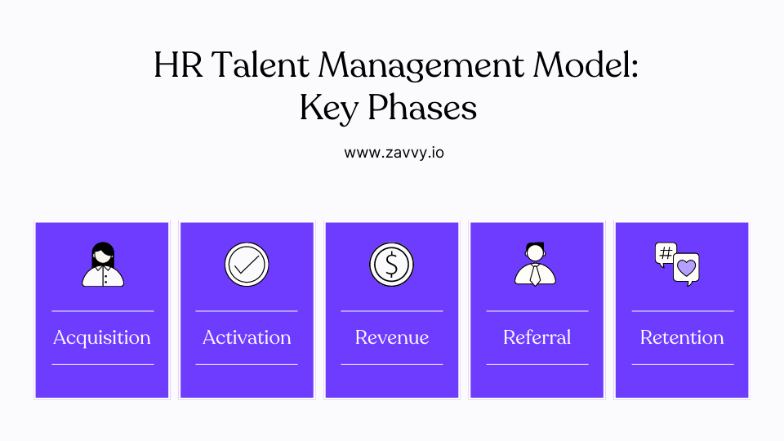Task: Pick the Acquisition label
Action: [102, 337]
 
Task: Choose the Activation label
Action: [247, 337]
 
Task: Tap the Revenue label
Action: [392, 337]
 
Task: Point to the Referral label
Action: [537, 337]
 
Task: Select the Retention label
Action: [682, 337]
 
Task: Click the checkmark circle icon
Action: [247, 264]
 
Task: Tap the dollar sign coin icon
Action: [392, 264]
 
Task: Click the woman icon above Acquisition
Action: [103, 265]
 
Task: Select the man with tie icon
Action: [536, 264]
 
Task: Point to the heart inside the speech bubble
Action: [687, 267]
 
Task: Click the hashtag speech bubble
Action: [666, 254]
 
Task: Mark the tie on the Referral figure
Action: [536, 275]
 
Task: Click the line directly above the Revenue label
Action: [392, 311]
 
